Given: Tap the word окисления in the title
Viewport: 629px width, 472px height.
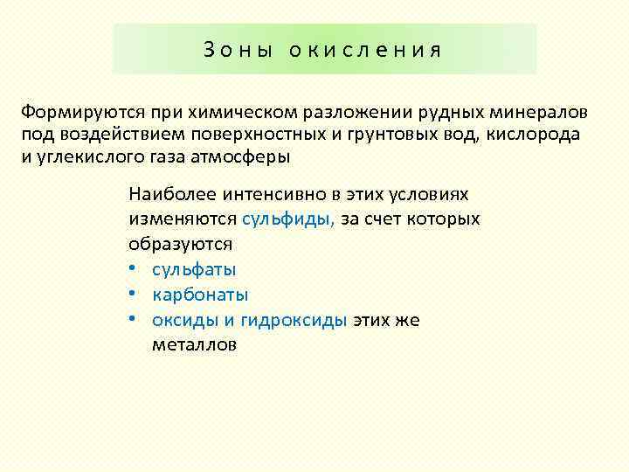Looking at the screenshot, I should pyautogui.click(x=367, y=50).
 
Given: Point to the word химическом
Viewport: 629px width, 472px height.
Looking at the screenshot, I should pyautogui.click(x=232, y=114).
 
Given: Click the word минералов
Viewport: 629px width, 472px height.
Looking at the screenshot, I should pyautogui.click(x=542, y=114).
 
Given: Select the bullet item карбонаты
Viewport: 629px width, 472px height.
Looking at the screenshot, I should pyautogui.click(x=200, y=295).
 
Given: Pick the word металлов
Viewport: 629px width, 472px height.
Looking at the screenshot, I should pyautogui.click(x=194, y=344).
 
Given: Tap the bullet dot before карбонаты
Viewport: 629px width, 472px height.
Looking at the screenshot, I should pyautogui.click(x=135, y=295).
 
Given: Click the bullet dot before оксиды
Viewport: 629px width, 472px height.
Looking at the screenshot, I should pyautogui.click(x=135, y=320).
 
